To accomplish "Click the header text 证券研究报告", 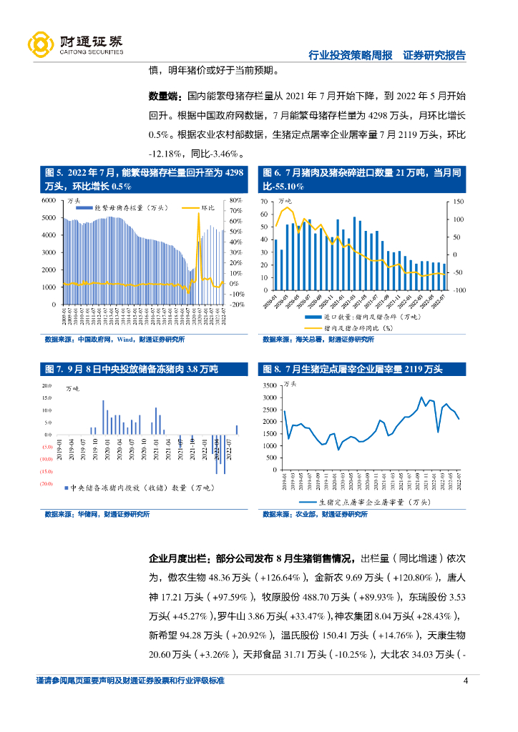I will coord(434,55).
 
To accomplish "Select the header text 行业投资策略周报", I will coord(351,55).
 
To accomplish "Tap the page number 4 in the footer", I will coord(466,681).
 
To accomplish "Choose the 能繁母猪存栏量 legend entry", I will coord(130,207).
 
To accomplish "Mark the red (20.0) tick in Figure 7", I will coord(47,484).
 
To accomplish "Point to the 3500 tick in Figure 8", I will coord(270,385).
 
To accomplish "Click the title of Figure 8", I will coord(353,370).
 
